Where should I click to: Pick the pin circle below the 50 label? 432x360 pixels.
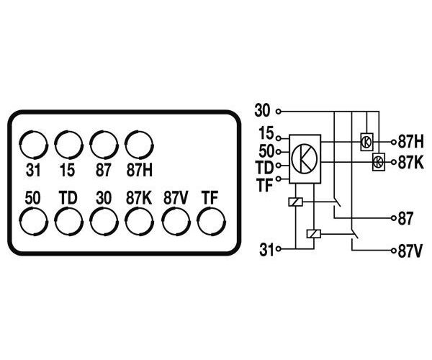click(x=33, y=220)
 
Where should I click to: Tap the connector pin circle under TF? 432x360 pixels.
click(x=211, y=220)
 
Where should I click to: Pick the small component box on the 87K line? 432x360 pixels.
click(x=378, y=162)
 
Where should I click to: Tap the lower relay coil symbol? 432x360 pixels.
click(x=313, y=233)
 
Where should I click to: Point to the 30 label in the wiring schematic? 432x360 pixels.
click(x=264, y=112)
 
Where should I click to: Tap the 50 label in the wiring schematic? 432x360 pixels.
click(x=266, y=150)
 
